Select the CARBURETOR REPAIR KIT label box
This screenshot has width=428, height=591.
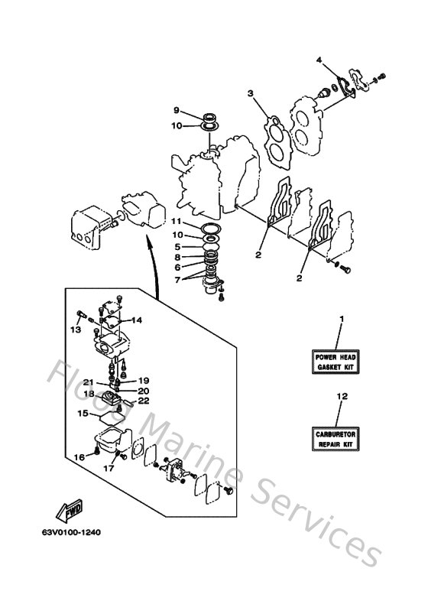click(x=337, y=438)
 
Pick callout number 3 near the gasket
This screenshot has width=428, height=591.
click(x=249, y=93)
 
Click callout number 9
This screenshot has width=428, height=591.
click(x=176, y=110)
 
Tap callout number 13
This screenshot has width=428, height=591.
click(x=74, y=330)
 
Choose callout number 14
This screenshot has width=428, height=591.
click(x=138, y=320)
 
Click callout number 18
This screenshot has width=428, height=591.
click(x=89, y=394)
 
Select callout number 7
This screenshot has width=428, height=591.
click(x=177, y=280)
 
